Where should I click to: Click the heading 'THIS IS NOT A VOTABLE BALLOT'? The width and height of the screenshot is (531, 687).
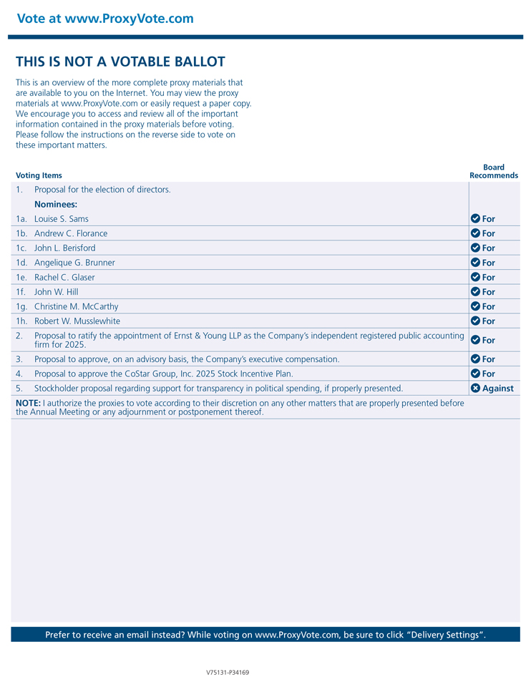(x=120, y=62)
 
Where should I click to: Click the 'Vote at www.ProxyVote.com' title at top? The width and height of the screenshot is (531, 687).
(x=105, y=19)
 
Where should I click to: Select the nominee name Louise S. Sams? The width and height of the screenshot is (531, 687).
(x=62, y=219)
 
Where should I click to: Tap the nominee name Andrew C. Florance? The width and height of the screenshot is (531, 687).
(x=71, y=233)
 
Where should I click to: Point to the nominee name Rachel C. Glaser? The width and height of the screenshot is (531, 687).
(x=64, y=278)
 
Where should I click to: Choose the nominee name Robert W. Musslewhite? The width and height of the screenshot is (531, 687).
(x=77, y=321)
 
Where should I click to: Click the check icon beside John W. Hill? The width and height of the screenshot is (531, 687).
(x=475, y=292)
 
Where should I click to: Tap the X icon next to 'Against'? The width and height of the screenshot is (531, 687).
(x=475, y=389)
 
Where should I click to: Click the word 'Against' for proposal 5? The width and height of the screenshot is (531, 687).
(x=498, y=389)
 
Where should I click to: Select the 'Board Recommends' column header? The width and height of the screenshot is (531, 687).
(x=494, y=172)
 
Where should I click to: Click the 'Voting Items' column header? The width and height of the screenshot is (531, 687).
(x=39, y=175)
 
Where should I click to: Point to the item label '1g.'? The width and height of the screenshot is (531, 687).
(x=22, y=307)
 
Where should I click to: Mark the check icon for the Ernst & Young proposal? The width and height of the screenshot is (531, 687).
(x=475, y=340)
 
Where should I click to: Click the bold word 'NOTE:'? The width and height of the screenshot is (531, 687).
(x=28, y=404)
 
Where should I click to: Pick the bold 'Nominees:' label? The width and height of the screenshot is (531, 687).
(x=56, y=205)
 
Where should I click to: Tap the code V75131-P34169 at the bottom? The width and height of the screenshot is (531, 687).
(x=228, y=673)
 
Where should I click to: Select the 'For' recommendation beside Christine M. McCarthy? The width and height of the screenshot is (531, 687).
(x=489, y=307)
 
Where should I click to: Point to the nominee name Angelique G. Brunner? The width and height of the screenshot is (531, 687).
(x=74, y=263)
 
